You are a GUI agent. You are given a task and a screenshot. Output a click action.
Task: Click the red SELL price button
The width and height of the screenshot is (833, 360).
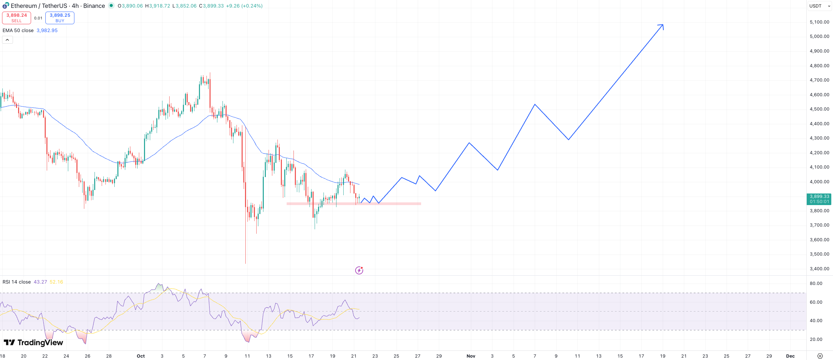click(x=16, y=18)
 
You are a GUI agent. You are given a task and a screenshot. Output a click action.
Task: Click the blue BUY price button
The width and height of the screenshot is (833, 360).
click(x=60, y=18)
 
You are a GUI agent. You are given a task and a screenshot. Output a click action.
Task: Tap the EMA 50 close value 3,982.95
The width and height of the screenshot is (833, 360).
click(x=47, y=30)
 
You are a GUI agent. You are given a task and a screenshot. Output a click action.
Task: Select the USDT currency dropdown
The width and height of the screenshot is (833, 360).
click(x=819, y=6)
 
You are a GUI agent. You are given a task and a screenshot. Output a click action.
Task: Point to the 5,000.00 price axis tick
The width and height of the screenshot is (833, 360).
click(x=819, y=37)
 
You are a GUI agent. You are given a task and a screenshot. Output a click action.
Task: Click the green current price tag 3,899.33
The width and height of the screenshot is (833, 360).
click(x=819, y=199)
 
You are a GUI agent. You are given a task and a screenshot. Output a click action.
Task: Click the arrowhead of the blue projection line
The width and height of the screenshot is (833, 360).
click(x=662, y=25)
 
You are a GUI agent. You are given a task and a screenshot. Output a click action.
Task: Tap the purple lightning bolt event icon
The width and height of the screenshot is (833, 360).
click(x=359, y=270)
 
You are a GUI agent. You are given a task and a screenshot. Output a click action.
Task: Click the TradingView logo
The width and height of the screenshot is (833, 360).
click(x=33, y=343)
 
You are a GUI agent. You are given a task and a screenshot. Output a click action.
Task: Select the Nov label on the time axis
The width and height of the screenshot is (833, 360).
click(x=471, y=356)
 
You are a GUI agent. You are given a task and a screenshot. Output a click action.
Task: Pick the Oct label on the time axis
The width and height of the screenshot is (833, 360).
click(x=141, y=356)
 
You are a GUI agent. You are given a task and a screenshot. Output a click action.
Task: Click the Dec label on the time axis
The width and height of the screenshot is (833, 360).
click(x=790, y=356)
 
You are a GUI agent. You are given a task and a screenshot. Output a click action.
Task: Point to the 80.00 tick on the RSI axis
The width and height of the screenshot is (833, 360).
click(x=816, y=284)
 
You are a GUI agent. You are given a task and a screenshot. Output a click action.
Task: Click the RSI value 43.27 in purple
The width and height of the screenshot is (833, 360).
click(x=40, y=282)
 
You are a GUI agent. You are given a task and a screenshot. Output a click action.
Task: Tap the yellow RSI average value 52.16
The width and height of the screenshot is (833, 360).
click(x=56, y=282)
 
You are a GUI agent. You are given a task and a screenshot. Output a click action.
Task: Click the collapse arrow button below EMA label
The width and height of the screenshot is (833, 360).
click(x=8, y=40)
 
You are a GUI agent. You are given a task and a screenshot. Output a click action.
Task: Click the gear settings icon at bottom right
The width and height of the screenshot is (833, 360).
click(x=820, y=356)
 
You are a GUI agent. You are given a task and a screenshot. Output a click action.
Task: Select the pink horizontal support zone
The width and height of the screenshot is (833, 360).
click(x=354, y=204)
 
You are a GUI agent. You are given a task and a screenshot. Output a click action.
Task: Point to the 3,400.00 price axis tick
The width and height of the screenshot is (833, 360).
click(x=819, y=269)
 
